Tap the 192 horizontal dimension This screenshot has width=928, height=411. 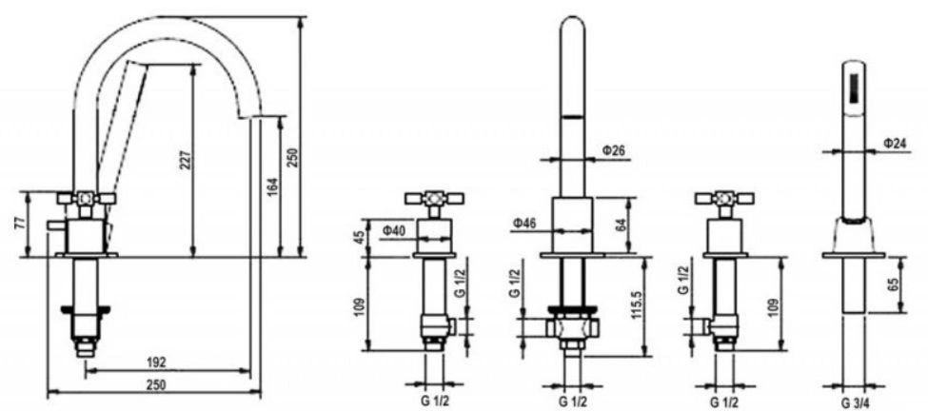click(x=157, y=362)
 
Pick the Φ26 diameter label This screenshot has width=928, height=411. click(x=614, y=151)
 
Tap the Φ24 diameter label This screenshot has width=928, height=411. click(x=895, y=143)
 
